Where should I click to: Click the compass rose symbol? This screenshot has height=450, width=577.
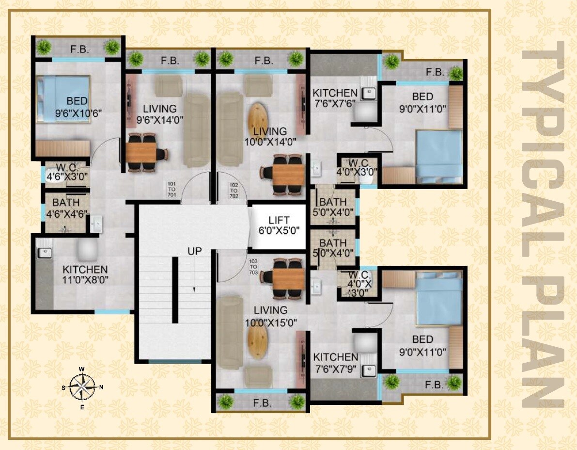tap(82, 387)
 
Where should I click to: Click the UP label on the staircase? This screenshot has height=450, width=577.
tap(195, 252)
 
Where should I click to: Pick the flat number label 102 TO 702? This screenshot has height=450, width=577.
tap(234, 191)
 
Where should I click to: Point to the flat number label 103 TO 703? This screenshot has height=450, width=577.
tap(252, 267)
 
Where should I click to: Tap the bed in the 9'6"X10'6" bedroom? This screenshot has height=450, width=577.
tap(63, 98)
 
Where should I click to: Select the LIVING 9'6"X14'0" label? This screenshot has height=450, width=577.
tap(160, 114)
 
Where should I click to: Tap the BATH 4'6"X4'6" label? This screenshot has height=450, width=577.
tap(66, 208)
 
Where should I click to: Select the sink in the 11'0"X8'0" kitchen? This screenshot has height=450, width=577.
tap(45, 253)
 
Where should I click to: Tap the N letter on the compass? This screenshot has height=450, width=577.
tap(101, 387)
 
